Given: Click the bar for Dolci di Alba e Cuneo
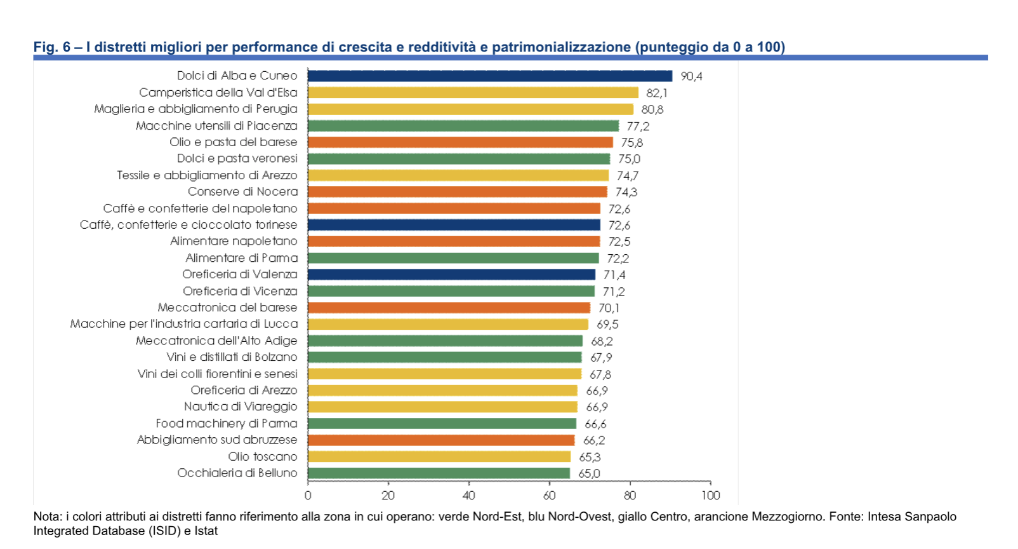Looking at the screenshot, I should [489, 76].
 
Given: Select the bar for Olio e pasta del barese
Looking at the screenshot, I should [460, 142].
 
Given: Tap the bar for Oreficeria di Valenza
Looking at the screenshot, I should [451, 274].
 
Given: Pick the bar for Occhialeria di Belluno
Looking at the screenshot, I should [439, 473].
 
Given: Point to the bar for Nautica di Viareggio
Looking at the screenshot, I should [442, 407].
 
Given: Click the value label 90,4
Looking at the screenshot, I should [691, 76].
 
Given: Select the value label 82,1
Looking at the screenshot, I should [656, 93].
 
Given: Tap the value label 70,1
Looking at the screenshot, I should [609, 308].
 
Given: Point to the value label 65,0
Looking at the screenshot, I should [588, 473].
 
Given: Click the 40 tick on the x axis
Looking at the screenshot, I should [468, 496].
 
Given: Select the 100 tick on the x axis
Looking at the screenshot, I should [710, 496].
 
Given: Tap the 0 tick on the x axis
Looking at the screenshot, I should [308, 496].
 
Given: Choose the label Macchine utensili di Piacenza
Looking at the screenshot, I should [216, 126].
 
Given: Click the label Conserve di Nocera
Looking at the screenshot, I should [242, 192].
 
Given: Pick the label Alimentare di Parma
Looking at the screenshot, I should [241, 258].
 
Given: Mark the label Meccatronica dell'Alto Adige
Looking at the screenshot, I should [216, 341].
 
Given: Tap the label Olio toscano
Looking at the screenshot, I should [262, 456].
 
